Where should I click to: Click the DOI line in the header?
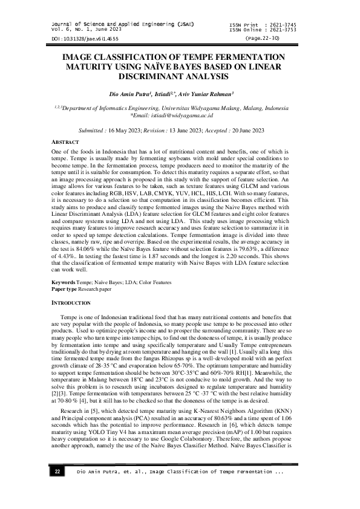point(76,38)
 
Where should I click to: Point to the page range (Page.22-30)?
point(262,37)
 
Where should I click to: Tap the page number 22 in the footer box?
point(57,488)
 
